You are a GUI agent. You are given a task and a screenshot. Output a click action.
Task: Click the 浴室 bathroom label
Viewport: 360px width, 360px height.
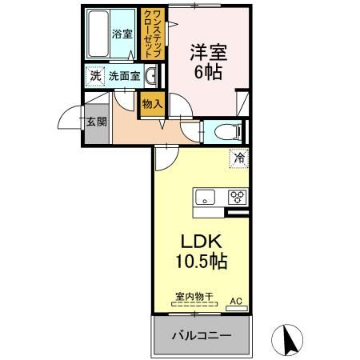coord(122,34)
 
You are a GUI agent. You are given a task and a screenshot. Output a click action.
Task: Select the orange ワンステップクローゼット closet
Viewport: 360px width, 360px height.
coord(150,34)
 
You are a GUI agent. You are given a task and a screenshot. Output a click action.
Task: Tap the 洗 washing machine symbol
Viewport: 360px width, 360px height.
coord(94,78)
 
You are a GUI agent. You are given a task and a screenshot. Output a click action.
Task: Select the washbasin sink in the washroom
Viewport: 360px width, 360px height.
coord(150,77)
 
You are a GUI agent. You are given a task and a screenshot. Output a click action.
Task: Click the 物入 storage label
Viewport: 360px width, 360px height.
coord(152,102)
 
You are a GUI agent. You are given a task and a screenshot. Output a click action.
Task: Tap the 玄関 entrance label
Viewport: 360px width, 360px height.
coord(95,122)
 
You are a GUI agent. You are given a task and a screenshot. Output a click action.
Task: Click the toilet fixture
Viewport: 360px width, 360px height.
coord(222,131)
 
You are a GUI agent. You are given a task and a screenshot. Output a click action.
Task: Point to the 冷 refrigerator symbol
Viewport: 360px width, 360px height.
coord(238,158)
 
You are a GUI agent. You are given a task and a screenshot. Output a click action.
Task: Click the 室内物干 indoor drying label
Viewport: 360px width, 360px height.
coord(194,297)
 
